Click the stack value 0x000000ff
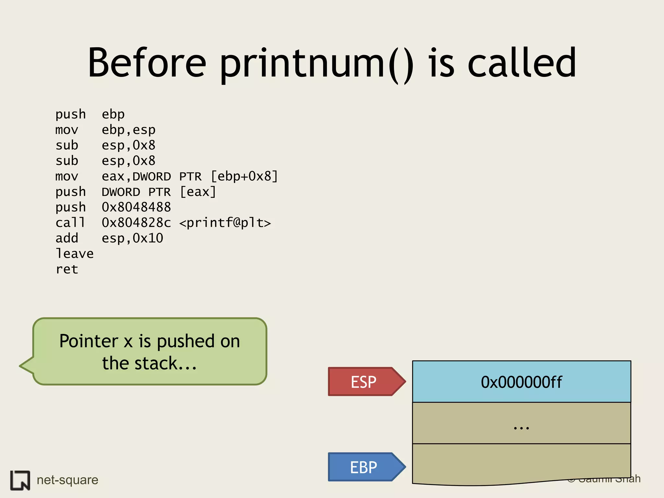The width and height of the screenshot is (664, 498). pyautogui.click(x=521, y=382)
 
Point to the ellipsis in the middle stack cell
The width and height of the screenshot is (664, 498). pyautogui.click(x=521, y=427)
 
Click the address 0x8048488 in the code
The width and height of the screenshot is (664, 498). pyautogui.click(x=136, y=207)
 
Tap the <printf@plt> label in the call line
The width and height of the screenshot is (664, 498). pyautogui.click(x=225, y=223)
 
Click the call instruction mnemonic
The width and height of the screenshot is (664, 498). pyautogui.click(x=70, y=223)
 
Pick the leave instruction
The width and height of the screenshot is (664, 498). pyautogui.click(x=75, y=254)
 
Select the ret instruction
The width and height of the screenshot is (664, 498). pyautogui.click(x=67, y=269)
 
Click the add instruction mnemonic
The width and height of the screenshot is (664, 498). pyautogui.click(x=67, y=238)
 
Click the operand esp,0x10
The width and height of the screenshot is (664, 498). pyautogui.click(x=132, y=238)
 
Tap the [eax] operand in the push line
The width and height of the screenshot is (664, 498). pyautogui.click(x=198, y=192)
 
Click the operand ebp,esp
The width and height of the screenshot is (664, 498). pyautogui.click(x=128, y=130)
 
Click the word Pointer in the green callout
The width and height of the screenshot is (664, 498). pyautogui.click(x=89, y=341)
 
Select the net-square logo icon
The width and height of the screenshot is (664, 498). pyautogui.click(x=20, y=480)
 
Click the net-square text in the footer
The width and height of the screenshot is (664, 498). pyautogui.click(x=67, y=480)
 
